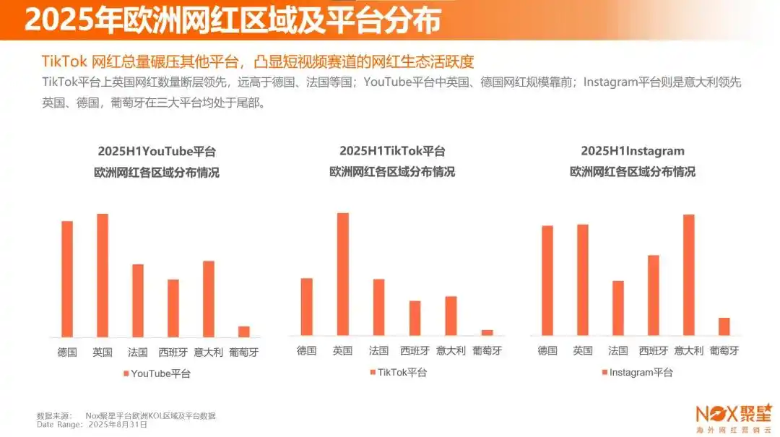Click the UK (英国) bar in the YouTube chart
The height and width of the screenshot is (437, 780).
click(103, 275)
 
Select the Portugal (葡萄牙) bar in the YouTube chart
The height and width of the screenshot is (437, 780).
click(244, 332)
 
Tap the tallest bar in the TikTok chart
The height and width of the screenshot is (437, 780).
click(342, 274)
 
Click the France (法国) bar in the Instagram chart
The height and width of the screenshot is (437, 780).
click(617, 308)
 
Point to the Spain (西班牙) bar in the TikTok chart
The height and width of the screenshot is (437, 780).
click(415, 318)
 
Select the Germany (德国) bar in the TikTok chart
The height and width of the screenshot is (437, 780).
click(306, 306)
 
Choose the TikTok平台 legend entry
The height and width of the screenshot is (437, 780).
click(398, 372)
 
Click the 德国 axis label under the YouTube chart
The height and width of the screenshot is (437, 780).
click(67, 352)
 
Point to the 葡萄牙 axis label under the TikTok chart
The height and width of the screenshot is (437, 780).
click(487, 351)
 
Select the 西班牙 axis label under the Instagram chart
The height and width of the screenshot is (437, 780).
click(654, 351)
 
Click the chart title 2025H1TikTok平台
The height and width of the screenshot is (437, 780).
click(392, 152)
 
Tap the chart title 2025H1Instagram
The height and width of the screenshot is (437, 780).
click(633, 152)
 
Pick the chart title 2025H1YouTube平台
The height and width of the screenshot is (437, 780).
click(157, 152)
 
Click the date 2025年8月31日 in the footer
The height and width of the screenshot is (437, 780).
click(118, 425)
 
